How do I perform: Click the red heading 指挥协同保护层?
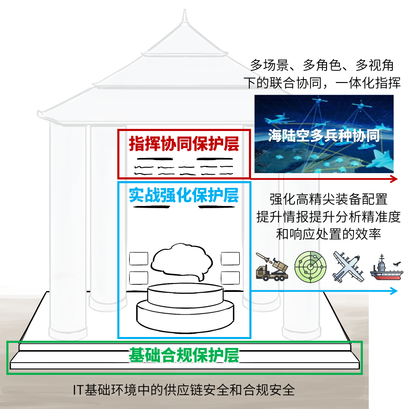[184, 144]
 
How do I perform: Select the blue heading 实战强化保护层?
[184, 195]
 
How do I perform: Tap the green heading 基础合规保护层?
[184, 356]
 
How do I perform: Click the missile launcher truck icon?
[272, 267]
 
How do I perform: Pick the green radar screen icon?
[310, 267]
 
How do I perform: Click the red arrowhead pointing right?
[393, 179]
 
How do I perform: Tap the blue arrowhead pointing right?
[393, 291]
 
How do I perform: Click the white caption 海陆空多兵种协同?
[324, 136]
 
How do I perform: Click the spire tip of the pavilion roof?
[184, 15]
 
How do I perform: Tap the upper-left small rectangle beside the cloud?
[138, 258]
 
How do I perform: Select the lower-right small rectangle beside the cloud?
[230, 278]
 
